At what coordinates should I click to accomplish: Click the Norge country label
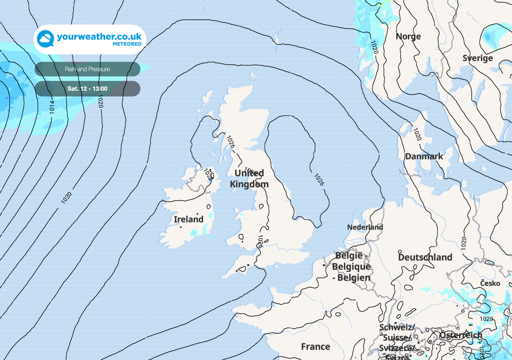point(408,36)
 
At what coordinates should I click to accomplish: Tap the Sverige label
point(478,58)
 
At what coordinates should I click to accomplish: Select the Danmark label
point(424,156)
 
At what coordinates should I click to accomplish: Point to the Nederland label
point(365,227)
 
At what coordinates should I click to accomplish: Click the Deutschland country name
point(425,257)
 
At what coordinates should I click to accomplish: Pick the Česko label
point(490,283)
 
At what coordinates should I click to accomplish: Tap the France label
point(316,346)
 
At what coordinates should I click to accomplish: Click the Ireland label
point(188,219)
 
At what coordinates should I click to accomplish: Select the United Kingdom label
point(249,178)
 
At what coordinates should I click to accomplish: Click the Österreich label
point(461,335)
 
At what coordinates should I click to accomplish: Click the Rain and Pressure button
point(87,69)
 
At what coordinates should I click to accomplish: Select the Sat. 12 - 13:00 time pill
point(87,88)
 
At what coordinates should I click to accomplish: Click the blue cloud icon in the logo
point(45,38)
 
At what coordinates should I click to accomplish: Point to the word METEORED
point(127,44)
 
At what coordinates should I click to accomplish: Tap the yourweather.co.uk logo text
point(99,37)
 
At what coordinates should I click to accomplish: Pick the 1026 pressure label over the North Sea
point(319,180)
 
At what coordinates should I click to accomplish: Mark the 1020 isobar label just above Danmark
point(417,134)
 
